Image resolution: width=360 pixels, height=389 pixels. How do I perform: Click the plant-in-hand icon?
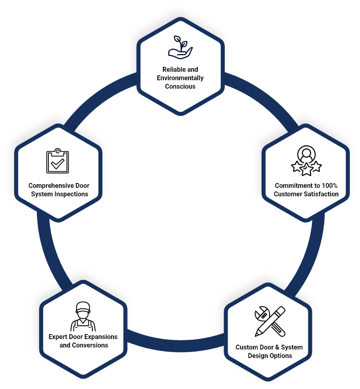coord(180,47)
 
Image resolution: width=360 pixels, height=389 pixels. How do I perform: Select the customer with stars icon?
coord(306,160)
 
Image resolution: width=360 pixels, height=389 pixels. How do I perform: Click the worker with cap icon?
coord(83,316)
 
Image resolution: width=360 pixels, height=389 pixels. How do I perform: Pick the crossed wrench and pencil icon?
coord(270,321)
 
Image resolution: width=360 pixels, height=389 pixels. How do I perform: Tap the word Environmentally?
coord(180,78)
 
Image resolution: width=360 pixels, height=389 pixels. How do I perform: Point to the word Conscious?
coord(180,86)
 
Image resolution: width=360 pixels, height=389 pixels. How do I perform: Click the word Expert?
coord(57,337)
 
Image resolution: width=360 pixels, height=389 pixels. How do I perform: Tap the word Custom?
coord(246,347)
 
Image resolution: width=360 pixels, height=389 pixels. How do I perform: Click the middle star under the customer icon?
coord(306,169)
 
